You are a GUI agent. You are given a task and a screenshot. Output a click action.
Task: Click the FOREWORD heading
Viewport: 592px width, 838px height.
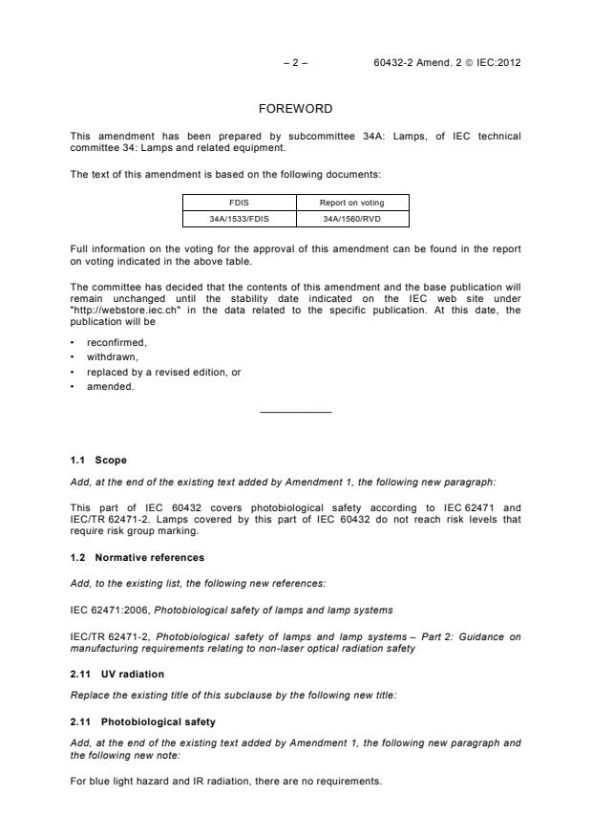(x=295, y=109)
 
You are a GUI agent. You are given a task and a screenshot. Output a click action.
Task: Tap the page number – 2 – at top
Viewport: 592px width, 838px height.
(x=295, y=63)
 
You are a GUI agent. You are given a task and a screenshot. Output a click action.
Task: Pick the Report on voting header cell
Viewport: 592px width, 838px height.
(x=352, y=203)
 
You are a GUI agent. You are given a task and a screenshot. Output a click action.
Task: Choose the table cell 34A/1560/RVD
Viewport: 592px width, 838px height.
(x=352, y=219)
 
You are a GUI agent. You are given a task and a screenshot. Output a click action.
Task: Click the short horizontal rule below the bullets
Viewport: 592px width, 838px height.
(x=295, y=412)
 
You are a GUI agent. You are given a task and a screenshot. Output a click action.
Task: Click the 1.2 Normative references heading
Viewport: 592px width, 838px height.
(x=137, y=557)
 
